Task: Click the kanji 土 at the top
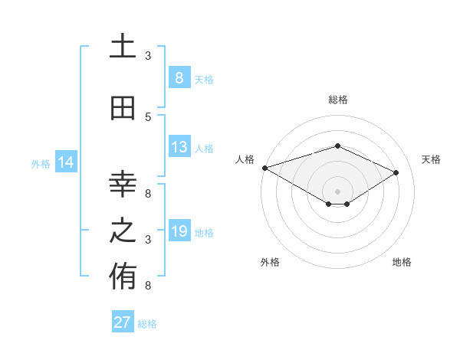(x=123, y=47)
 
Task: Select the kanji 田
(x=123, y=109)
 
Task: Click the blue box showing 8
(x=179, y=78)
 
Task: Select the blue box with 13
(x=179, y=147)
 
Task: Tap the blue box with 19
(x=179, y=231)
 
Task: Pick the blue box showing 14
(x=66, y=162)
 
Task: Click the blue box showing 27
(x=122, y=322)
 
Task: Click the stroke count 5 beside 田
(x=149, y=117)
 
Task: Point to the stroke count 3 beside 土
(x=148, y=56)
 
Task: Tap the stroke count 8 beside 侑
(x=148, y=286)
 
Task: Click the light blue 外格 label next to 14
(x=41, y=163)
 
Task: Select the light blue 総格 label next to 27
(x=147, y=324)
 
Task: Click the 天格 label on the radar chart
(x=431, y=159)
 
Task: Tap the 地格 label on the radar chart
(x=402, y=262)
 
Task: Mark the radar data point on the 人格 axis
(x=264, y=167)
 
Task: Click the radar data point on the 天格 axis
(x=396, y=172)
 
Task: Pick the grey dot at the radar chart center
(x=337, y=191)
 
